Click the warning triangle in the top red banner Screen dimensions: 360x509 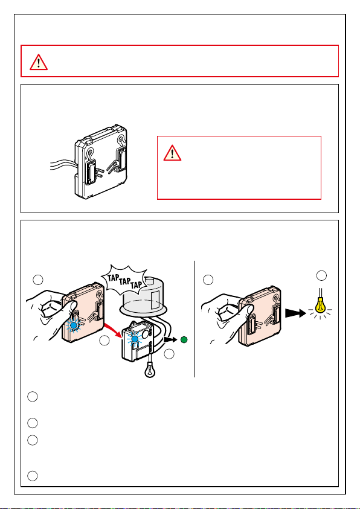click(39, 62)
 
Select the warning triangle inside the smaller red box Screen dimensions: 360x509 click(172, 153)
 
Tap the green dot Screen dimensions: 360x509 click(184, 340)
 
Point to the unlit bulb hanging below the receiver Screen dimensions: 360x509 click(150, 368)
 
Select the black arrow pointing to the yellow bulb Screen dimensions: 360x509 click(295, 313)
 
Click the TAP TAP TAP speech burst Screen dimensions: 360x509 click(124, 280)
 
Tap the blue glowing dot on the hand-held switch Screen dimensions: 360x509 click(74, 325)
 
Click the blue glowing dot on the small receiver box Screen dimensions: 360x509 click(135, 339)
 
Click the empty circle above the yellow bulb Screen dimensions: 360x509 click(321, 275)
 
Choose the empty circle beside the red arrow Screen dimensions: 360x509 click(104, 340)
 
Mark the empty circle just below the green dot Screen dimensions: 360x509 click(169, 354)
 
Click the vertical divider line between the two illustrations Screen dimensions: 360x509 click(194, 319)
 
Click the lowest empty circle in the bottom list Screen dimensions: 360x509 click(32, 476)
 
